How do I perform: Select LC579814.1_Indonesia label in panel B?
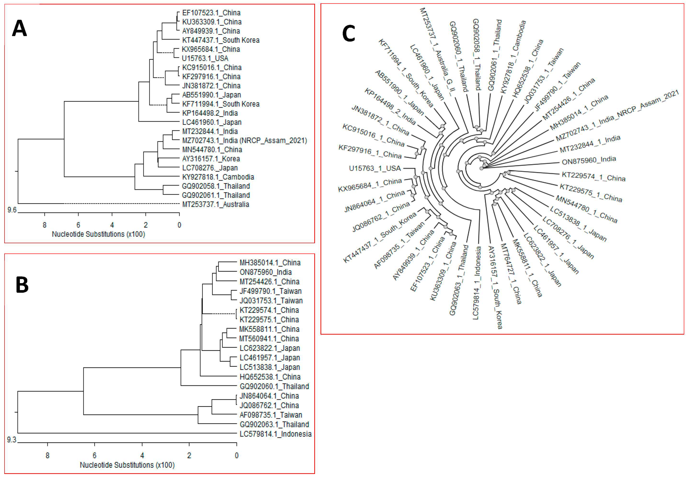pyautogui.click(x=275, y=434)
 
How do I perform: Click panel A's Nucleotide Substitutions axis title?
pyautogui.click(x=98, y=234)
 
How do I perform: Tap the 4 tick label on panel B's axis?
pyautogui.click(x=142, y=456)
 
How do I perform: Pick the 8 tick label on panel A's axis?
pyautogui.click(x=44, y=225)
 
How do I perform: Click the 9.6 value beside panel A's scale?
pyautogui.click(x=12, y=210)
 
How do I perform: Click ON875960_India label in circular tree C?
pyautogui.click(x=589, y=161)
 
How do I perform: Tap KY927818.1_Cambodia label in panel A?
pyautogui.click(x=218, y=177)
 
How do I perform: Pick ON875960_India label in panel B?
pyautogui.click(x=265, y=272)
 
